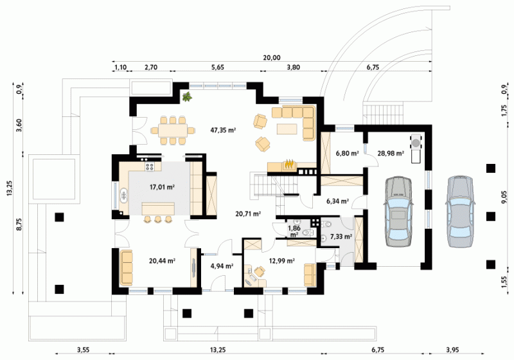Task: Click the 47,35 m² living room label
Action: [x=223, y=130]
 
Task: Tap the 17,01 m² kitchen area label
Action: [x=162, y=188]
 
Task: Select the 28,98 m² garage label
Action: [x=391, y=153]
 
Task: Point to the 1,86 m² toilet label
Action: [x=294, y=231]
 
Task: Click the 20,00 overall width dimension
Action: [x=272, y=58]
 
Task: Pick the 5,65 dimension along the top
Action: [x=218, y=67]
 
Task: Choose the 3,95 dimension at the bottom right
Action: [x=452, y=350]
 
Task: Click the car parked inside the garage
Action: [x=398, y=212]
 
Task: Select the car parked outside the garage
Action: [x=460, y=211]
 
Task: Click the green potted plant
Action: [x=187, y=96]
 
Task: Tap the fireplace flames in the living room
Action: [x=288, y=163]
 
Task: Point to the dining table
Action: [x=173, y=130]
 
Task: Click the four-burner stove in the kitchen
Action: [x=150, y=166]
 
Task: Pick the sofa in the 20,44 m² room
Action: [x=126, y=268]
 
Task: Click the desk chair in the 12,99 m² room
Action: [x=260, y=271]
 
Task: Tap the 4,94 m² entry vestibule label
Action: [x=222, y=266]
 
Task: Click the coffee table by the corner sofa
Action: [x=287, y=129]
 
